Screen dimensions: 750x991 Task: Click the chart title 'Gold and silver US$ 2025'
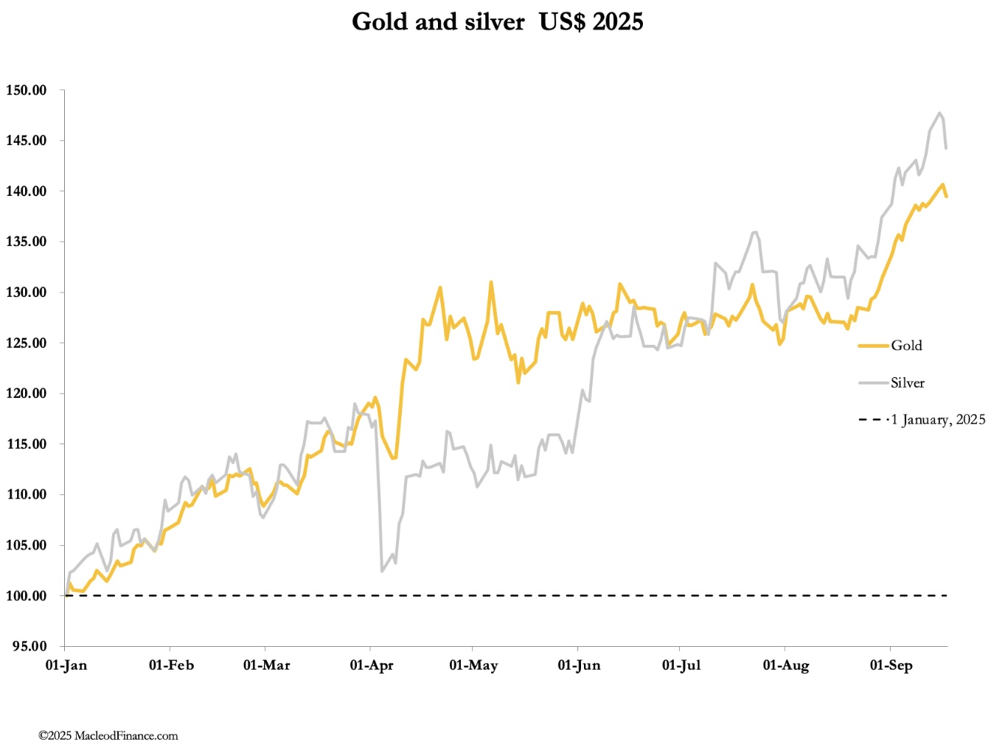[x=497, y=22]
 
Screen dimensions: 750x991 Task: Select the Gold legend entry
[x=905, y=346]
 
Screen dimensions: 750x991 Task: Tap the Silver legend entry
[x=907, y=383]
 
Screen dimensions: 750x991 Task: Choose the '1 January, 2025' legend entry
[x=937, y=420]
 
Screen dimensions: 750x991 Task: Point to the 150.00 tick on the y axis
[x=27, y=91]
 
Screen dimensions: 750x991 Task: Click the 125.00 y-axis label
[x=27, y=343]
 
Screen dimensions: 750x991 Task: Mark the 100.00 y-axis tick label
[x=27, y=596]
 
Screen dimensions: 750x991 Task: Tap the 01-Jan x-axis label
[x=66, y=665]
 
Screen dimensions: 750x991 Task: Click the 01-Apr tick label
[x=372, y=665]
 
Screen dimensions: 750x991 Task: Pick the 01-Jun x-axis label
[x=579, y=665]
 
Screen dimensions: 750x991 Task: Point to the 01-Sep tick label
[x=891, y=665]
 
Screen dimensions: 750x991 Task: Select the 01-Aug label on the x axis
[x=786, y=665]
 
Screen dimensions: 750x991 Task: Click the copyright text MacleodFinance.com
[x=108, y=735]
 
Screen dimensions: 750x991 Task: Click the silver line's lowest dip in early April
[x=382, y=571]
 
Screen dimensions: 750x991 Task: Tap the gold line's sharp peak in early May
[x=490, y=282]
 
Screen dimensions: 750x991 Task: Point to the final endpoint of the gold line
[x=947, y=196]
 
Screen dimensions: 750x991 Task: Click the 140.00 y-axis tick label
[x=27, y=192]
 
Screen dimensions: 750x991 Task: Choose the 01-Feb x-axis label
[x=171, y=665]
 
